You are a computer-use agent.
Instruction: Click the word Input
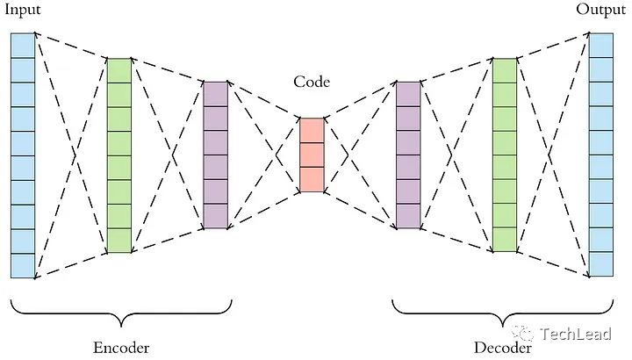(24, 11)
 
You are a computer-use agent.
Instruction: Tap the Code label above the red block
(312, 83)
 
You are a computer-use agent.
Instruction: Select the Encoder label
(120, 347)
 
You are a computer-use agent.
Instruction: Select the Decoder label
(503, 347)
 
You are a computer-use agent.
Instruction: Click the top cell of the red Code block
(312, 130)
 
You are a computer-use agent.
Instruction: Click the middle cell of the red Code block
(312, 155)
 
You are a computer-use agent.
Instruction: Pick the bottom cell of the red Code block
(312, 179)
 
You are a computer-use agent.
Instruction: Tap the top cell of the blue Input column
(23, 46)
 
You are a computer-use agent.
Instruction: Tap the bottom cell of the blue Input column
(23, 265)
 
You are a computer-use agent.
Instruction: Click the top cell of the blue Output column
(601, 46)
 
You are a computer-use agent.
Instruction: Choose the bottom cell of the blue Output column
(601, 265)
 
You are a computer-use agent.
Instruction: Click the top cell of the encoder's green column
(119, 70)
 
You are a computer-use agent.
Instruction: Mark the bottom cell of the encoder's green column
(119, 241)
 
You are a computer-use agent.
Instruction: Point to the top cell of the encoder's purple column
(216, 94)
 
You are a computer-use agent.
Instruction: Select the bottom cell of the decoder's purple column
(408, 216)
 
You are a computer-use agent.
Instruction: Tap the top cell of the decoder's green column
(505, 70)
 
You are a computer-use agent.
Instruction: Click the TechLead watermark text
(571, 334)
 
